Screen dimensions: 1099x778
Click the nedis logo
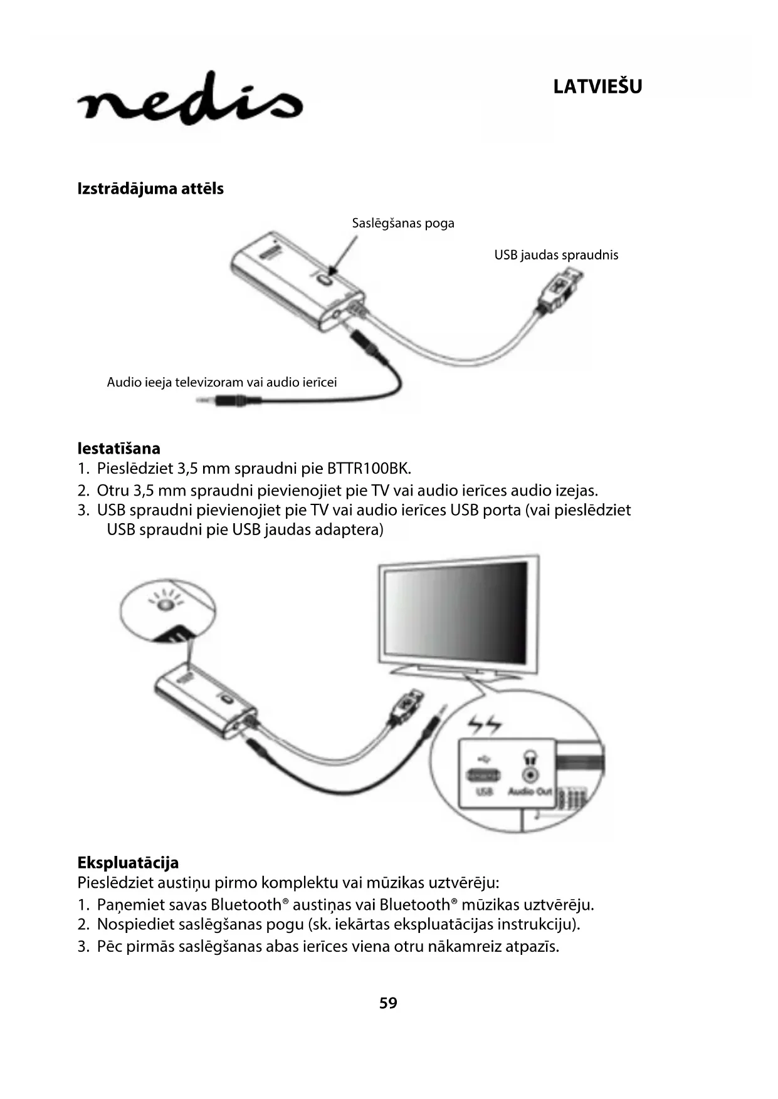190,100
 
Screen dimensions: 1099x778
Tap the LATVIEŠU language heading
597,86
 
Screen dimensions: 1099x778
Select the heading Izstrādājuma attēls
150,189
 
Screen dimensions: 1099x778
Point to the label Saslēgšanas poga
403,223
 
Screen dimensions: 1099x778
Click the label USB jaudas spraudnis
556,255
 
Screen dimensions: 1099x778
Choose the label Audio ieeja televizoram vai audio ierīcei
222,382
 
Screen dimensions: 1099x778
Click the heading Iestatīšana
119,449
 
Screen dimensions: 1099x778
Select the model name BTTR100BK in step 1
369,469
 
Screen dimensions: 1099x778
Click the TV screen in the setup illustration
456,615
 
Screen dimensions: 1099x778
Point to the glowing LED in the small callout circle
165,605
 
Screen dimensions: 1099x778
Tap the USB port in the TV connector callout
483,775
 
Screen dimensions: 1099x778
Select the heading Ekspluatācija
128,863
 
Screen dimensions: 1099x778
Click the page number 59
388,1003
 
